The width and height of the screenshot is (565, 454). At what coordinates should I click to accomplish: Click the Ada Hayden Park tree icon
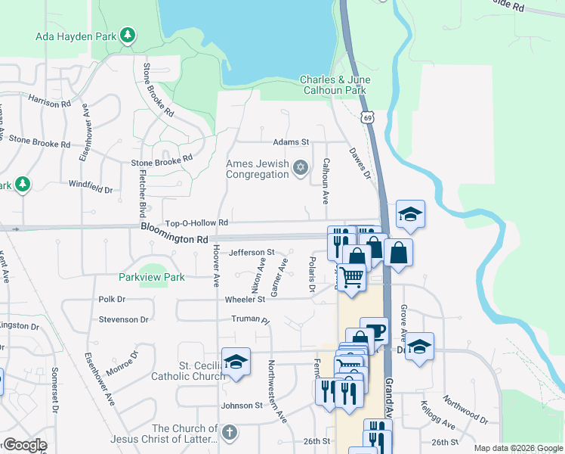click(128, 35)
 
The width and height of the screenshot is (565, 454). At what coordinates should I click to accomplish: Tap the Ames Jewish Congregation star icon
click(301, 167)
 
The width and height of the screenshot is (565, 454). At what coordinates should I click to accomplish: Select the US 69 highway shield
click(367, 117)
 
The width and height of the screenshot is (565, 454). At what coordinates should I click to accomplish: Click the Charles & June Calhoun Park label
click(333, 85)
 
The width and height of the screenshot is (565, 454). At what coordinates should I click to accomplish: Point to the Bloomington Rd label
click(174, 238)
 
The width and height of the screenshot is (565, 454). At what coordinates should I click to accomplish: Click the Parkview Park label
click(152, 278)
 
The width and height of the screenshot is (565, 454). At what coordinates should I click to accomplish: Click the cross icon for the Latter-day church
click(230, 434)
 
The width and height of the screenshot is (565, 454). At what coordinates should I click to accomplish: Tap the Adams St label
click(292, 141)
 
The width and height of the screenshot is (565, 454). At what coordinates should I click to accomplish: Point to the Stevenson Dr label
click(123, 320)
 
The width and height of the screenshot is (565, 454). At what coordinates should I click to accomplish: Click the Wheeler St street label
click(245, 300)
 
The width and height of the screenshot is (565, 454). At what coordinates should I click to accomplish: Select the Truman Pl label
click(250, 320)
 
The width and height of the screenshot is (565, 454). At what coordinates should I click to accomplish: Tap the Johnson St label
click(241, 406)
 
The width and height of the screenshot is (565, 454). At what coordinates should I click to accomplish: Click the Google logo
click(24, 445)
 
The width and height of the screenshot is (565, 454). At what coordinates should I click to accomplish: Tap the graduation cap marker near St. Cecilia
click(236, 362)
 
